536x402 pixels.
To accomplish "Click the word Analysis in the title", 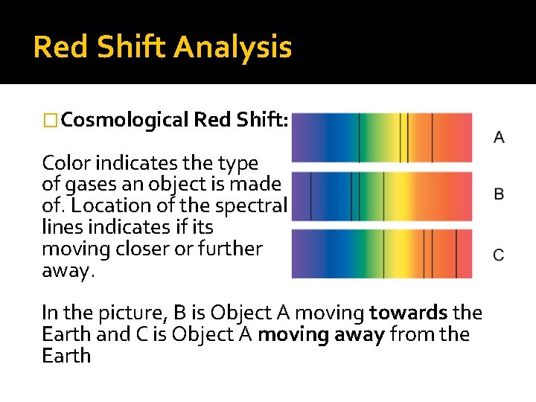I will pos(232,48).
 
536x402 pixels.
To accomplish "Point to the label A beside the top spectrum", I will pos(499,138).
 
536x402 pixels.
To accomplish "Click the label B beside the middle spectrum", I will pos(499,194).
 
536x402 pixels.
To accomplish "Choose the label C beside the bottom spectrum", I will pos(499,255).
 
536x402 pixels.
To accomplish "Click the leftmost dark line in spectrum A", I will pos(360,138).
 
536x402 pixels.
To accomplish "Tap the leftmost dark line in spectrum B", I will pos(311,196).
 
